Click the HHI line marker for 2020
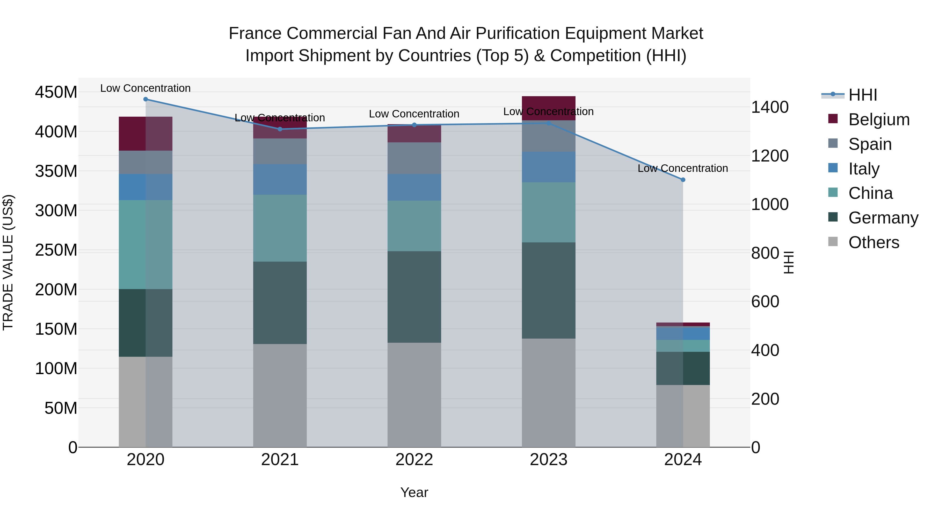(x=145, y=99)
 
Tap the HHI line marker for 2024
(x=683, y=180)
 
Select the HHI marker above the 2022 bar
(x=414, y=125)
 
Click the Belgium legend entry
(x=879, y=120)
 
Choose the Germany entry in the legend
(x=883, y=218)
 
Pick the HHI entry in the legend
(x=863, y=95)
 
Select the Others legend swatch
(x=833, y=242)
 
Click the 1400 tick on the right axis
(x=770, y=107)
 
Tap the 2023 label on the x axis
(x=549, y=460)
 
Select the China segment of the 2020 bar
(x=145, y=244)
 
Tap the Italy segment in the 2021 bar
(x=280, y=179)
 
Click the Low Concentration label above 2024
(x=682, y=169)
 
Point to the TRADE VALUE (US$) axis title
(x=8, y=262)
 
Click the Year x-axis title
(x=414, y=492)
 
